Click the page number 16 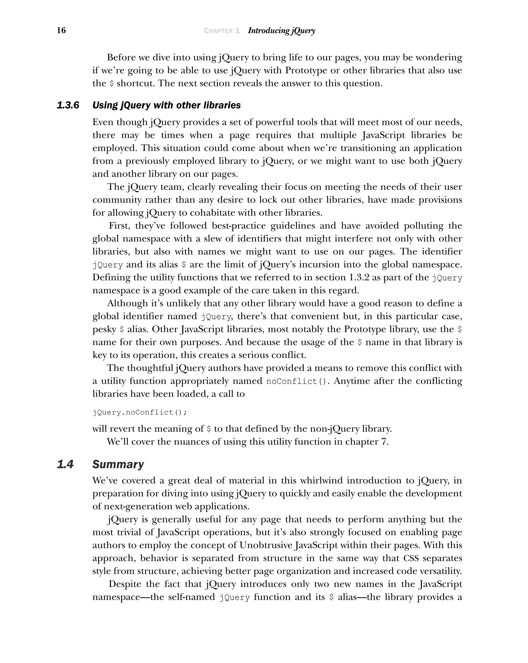coord(61,30)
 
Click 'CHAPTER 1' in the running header coord(221,31)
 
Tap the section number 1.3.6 coord(68,105)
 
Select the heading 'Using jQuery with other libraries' coord(166,105)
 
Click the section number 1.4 coord(65,464)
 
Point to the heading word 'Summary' coord(118,464)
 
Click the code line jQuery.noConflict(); coord(139,412)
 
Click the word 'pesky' coord(104,329)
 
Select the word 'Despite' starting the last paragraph coord(125,584)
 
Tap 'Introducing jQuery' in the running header coord(281,31)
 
